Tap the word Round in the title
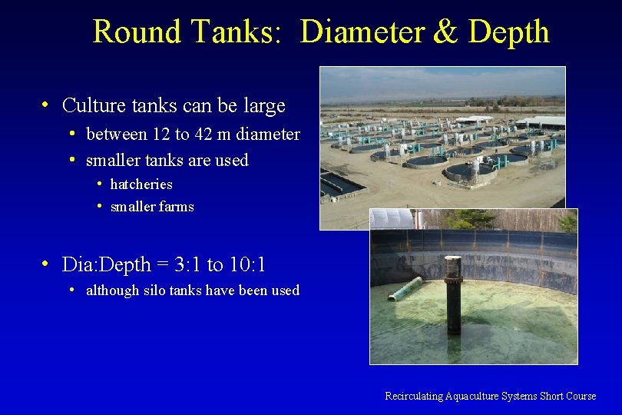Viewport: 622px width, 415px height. coord(136,32)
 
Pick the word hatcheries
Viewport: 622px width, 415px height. coord(141,184)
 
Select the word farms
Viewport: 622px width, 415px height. coord(177,207)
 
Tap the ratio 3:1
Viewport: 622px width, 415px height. coord(190,265)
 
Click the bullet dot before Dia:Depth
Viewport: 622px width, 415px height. coord(47,264)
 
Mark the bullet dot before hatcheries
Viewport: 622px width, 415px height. coord(101,184)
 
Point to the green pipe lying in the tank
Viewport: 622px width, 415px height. coord(405,289)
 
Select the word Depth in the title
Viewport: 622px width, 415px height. coord(508,32)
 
